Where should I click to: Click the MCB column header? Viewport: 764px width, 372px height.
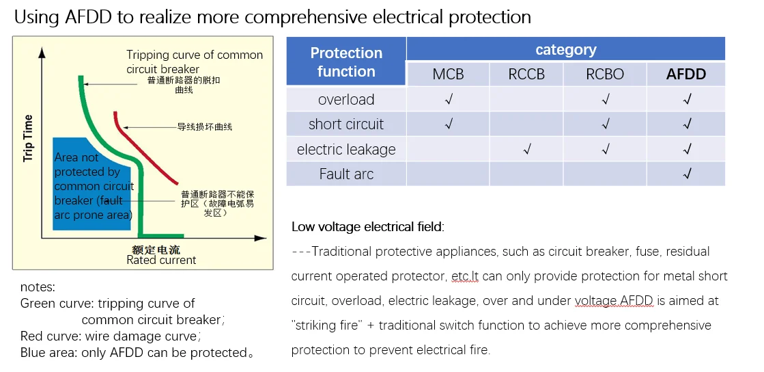[448, 75]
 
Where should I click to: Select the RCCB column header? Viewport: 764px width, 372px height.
[526, 75]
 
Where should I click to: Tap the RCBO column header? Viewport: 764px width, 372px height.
[605, 75]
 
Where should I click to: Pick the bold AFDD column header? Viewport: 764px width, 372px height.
[686, 75]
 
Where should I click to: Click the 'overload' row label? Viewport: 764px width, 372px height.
[346, 100]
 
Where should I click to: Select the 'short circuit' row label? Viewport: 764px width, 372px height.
[346, 124]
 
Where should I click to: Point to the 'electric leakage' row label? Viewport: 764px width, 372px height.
[346, 149]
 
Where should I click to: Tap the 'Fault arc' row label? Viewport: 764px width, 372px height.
[346, 174]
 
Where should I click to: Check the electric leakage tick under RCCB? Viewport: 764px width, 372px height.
[526, 149]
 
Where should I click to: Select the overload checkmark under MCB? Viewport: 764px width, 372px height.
[449, 100]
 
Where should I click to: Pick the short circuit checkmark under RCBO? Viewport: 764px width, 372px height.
[605, 124]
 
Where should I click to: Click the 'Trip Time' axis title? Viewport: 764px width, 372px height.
[29, 138]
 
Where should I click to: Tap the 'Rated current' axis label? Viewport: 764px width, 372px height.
[161, 260]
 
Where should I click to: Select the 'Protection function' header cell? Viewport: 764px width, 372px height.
[346, 62]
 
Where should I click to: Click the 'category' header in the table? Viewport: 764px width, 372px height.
[565, 49]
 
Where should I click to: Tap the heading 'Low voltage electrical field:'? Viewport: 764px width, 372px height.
[367, 227]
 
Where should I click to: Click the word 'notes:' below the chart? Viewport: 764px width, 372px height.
[38, 287]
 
